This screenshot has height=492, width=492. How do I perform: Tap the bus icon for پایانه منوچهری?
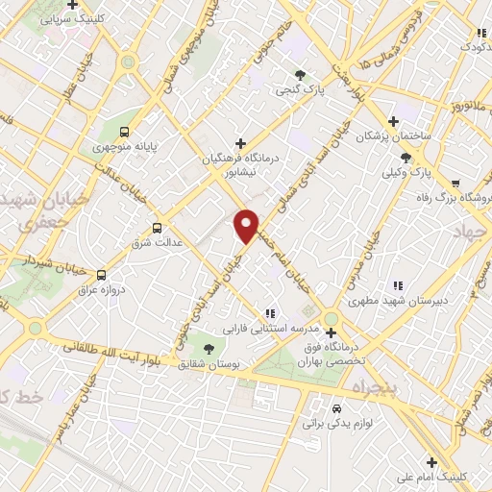coord(123,132)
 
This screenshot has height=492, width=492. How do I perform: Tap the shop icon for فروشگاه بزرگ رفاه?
coord(455,183)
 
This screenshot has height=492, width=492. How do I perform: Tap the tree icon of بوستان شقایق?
coord(209,347)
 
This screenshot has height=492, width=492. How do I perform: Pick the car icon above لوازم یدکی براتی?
coord(335,406)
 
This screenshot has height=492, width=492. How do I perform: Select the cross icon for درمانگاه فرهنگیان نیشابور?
coord(241,144)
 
